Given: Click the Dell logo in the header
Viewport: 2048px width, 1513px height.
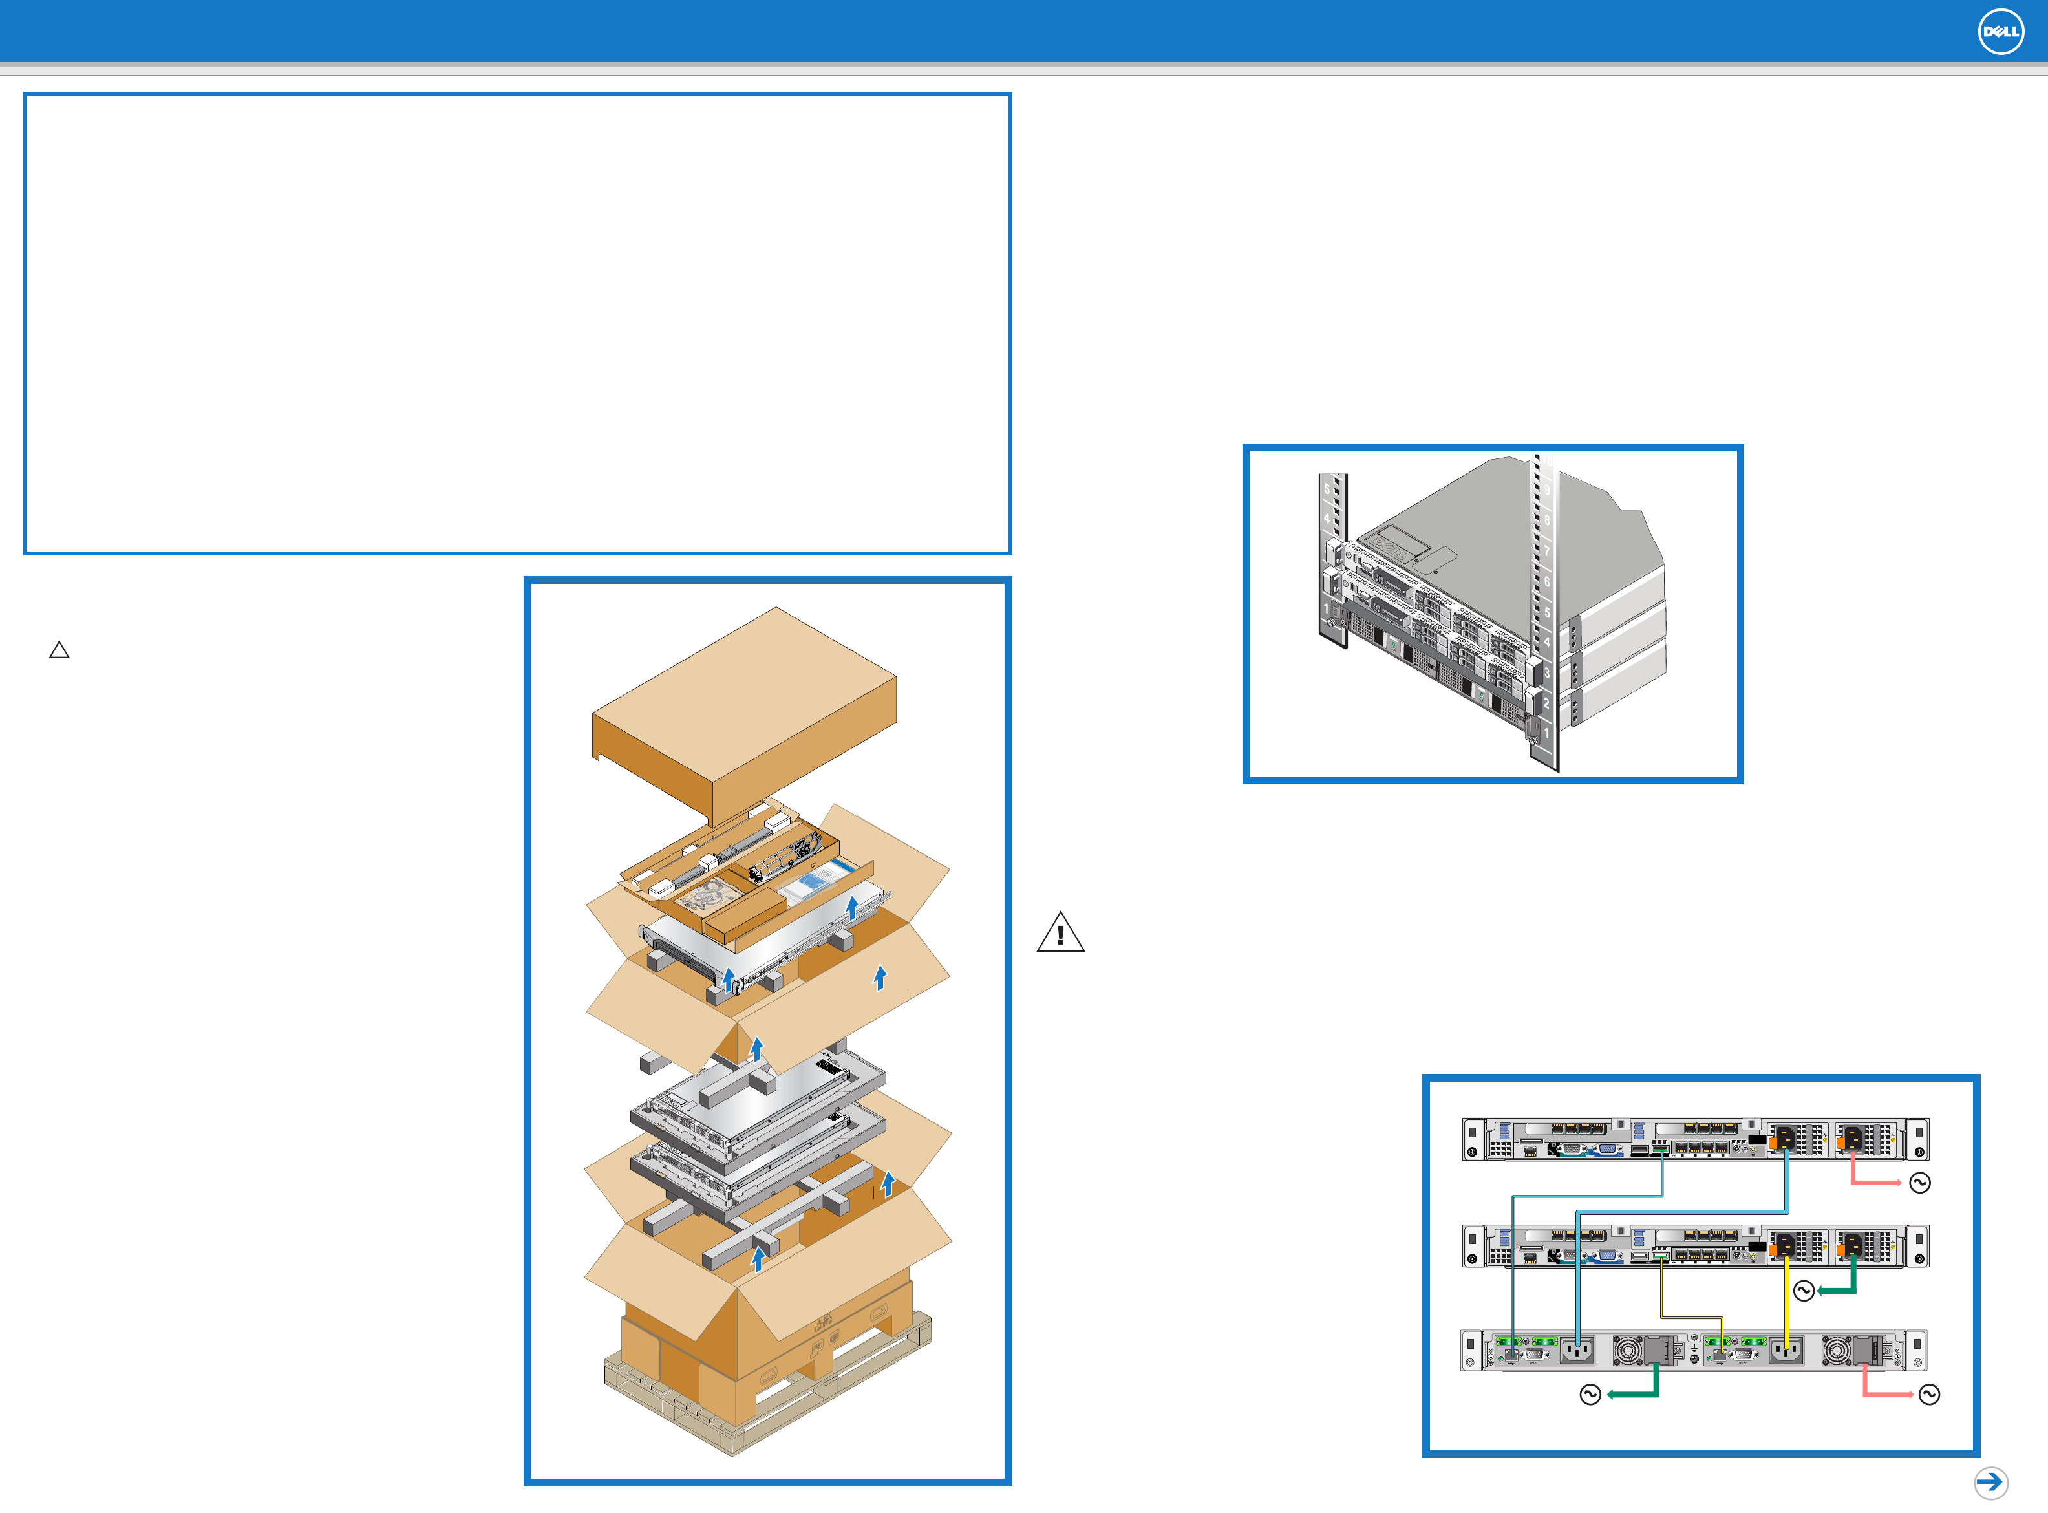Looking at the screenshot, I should [2000, 32].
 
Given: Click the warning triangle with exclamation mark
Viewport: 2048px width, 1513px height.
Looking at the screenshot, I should [1060, 933].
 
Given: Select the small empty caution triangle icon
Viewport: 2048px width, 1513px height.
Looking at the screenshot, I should [59, 650].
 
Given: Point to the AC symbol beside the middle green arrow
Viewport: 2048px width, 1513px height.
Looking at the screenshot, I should [1804, 1291].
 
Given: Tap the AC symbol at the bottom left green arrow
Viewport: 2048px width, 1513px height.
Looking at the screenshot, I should [1590, 1394].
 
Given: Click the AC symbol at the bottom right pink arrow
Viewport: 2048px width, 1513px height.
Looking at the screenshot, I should [1929, 1394].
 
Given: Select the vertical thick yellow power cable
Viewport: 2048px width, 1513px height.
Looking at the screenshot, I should [1786, 1300].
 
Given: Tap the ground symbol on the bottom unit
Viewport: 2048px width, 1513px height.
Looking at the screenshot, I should [1694, 1348].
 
